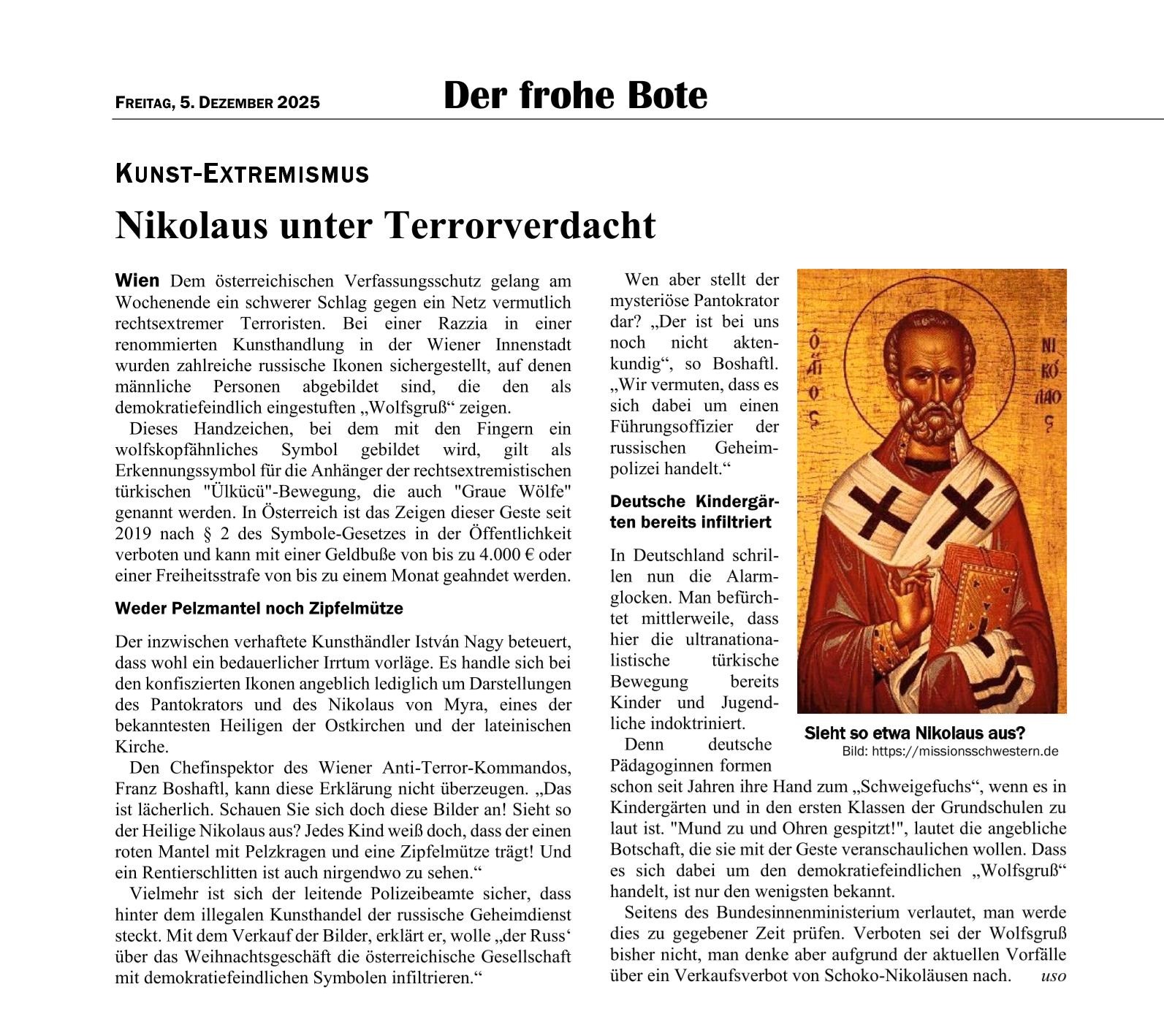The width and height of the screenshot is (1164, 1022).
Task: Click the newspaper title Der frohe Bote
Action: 575,96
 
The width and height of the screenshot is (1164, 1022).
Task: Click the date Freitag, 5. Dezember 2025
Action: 217,102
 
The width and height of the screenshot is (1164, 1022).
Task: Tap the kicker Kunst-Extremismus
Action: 242,174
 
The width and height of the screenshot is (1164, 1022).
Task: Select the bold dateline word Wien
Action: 137,281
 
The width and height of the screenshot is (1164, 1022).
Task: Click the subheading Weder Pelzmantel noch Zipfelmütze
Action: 259,608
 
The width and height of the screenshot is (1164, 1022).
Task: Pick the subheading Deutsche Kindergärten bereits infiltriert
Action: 694,511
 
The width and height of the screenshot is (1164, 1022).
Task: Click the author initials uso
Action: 1053,976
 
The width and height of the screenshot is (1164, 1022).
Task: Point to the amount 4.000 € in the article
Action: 498,554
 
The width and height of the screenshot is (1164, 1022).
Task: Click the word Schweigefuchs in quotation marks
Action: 918,787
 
